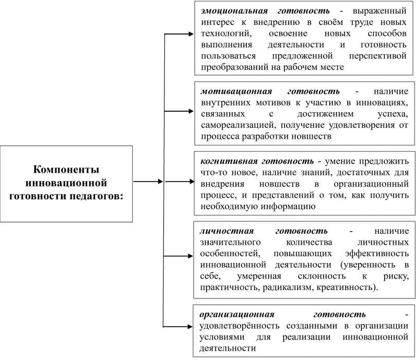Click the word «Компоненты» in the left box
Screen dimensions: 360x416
66,170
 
